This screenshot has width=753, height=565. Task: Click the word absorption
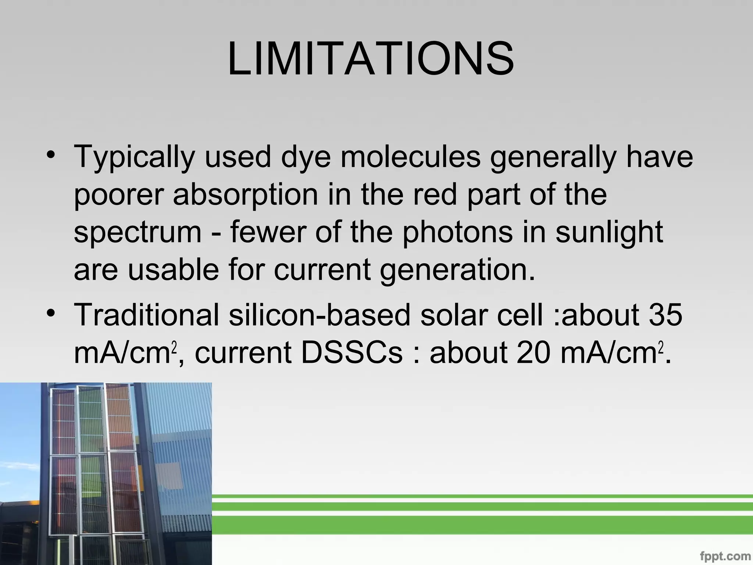[245, 195]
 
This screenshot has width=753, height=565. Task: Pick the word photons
[457, 233]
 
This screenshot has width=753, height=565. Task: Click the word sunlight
[609, 233]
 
